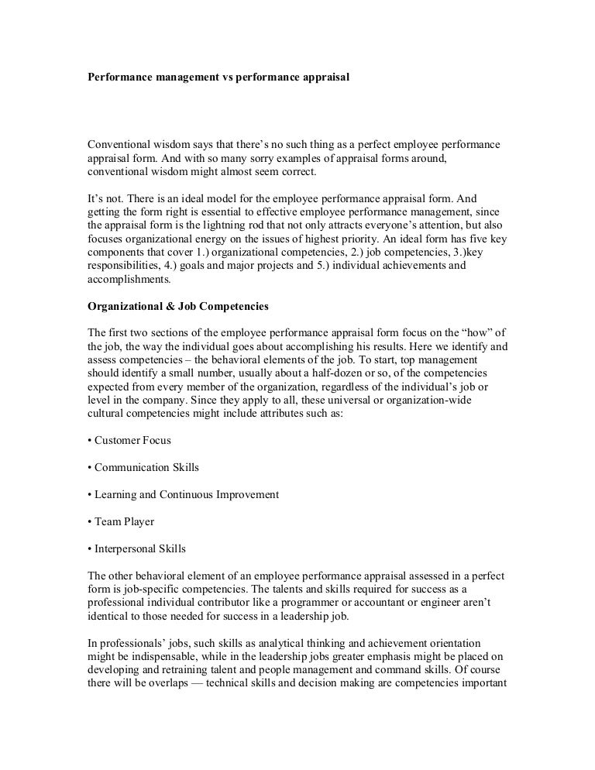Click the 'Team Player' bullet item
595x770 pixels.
(124, 521)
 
